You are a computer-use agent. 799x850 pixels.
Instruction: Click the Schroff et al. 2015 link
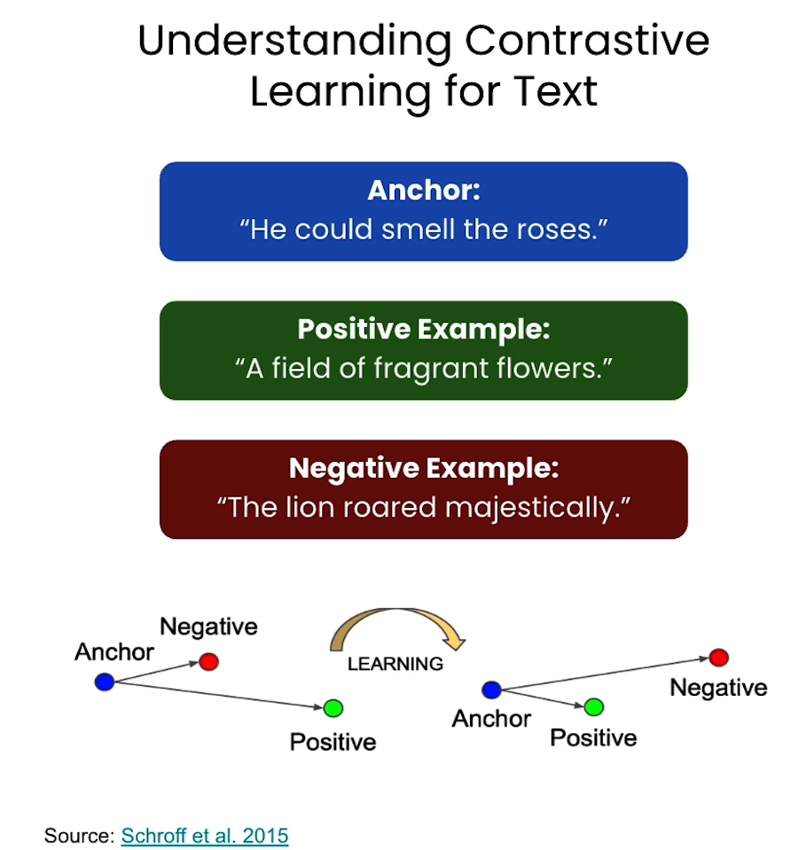205,835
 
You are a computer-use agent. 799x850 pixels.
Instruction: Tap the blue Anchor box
423,211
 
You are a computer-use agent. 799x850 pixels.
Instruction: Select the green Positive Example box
423,350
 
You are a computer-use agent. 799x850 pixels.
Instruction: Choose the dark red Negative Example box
423,489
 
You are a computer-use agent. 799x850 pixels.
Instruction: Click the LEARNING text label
396,663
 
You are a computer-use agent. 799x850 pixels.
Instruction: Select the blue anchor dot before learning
105,682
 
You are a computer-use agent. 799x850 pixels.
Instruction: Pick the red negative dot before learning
208,661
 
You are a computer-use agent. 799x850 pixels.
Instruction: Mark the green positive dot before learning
333,707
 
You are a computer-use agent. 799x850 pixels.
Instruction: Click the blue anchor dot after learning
491,690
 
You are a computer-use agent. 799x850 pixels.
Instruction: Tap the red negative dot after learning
718,658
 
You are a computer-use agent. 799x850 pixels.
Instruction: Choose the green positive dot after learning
593,706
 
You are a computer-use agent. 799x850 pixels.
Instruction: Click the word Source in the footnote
79,835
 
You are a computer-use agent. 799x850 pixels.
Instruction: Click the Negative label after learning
718,688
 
